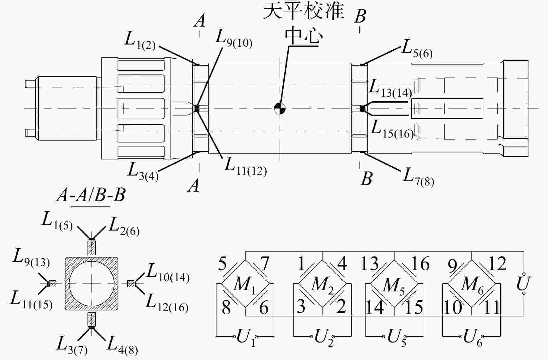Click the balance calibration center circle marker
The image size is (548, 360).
280,108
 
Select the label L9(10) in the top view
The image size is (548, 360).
234,39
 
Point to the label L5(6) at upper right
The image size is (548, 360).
417,49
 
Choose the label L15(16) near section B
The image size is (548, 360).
392,129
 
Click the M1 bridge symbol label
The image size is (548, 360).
245,285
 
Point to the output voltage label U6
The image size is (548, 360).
473,337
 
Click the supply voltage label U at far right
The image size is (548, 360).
524,283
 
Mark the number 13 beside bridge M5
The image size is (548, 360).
370,263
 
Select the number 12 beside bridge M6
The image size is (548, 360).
497,263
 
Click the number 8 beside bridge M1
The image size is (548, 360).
226,307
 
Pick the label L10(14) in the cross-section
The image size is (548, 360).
168,273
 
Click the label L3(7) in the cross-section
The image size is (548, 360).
72,345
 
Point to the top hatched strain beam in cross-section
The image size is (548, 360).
92,248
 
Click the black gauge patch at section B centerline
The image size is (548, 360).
363,109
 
